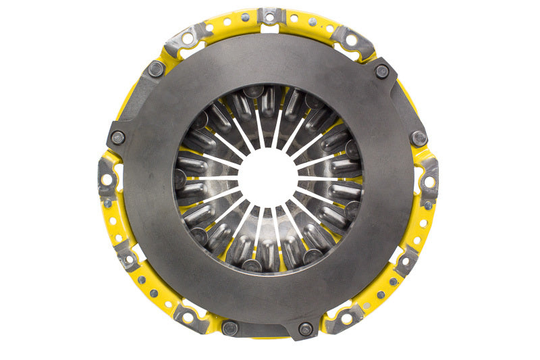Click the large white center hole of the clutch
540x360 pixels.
(x=269, y=178)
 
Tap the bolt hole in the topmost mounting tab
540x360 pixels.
(x=271, y=14)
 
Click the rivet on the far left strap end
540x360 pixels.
(x=117, y=137)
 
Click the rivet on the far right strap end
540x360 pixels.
(x=419, y=138)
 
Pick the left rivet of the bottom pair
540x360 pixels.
(x=231, y=328)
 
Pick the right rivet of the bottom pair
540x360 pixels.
(x=305, y=329)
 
